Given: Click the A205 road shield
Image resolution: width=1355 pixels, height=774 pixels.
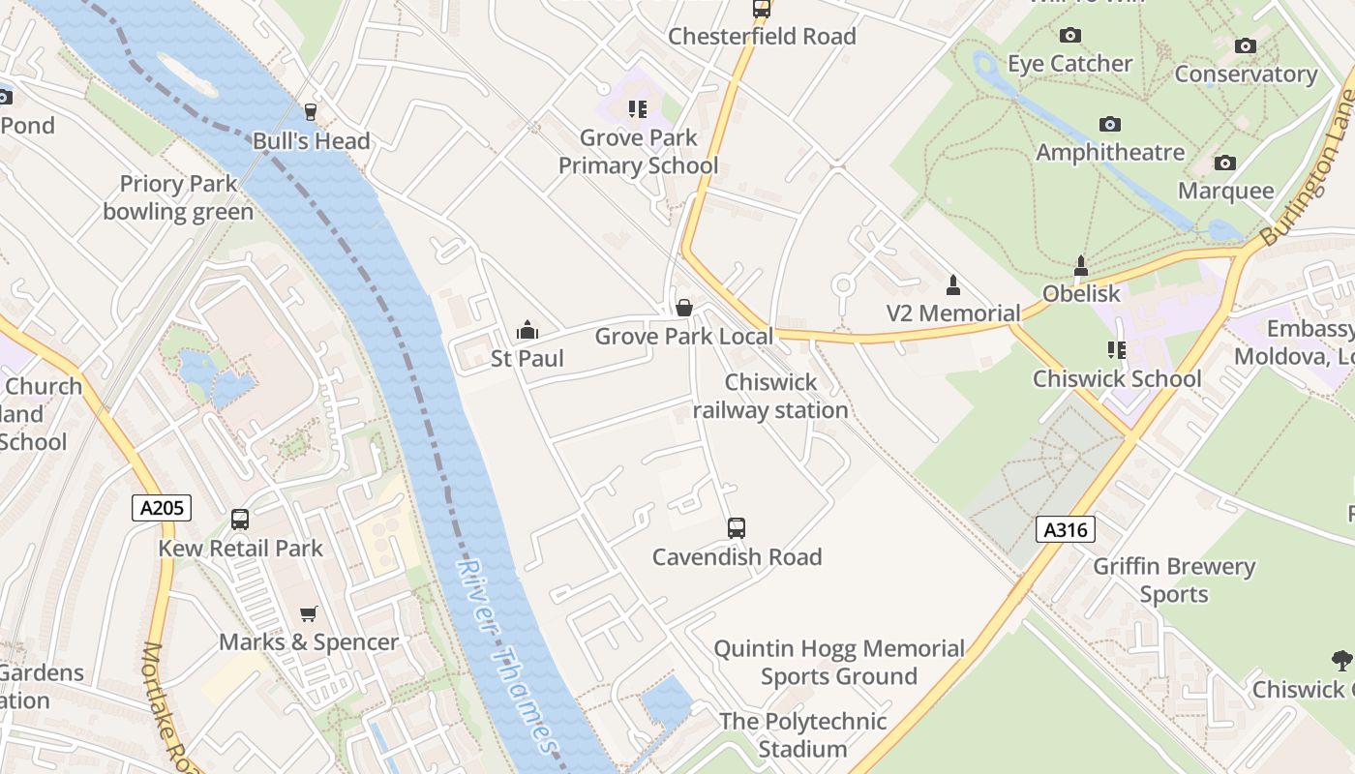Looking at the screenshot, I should tap(162, 507).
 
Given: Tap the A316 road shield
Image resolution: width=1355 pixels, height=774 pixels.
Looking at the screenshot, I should tap(1066, 529).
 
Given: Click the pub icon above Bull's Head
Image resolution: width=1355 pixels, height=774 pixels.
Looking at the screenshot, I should tap(311, 112).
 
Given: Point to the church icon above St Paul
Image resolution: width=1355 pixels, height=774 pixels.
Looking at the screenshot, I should tap(527, 331).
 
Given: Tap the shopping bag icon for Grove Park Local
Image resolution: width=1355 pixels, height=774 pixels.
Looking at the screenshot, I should tap(684, 308).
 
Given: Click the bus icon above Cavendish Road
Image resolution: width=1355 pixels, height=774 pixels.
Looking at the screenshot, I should tap(737, 528).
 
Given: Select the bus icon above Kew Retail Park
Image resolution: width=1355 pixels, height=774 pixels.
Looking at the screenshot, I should tap(240, 520).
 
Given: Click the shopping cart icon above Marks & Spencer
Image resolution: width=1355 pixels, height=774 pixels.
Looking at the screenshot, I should tap(309, 613).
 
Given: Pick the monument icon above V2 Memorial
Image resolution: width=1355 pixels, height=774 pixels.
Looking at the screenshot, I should tap(953, 284).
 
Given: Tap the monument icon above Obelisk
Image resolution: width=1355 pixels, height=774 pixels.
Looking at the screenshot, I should tap(1081, 265).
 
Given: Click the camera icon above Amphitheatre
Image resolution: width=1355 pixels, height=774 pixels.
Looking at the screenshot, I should tap(1110, 124).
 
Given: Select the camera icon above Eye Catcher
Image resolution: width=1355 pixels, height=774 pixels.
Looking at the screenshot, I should tap(1069, 36).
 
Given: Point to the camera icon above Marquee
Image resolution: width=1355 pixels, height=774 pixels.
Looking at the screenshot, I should tap(1225, 163).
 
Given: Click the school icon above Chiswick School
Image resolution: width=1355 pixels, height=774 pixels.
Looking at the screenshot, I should tap(1117, 350).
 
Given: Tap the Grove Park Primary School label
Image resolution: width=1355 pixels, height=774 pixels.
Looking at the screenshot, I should tap(639, 152).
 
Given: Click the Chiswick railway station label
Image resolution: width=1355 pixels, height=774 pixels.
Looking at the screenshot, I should tap(771, 397).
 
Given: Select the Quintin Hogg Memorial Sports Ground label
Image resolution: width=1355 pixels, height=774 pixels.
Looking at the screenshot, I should tap(839, 662).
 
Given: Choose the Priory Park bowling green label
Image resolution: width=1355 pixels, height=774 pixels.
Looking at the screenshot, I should tap(178, 198).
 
